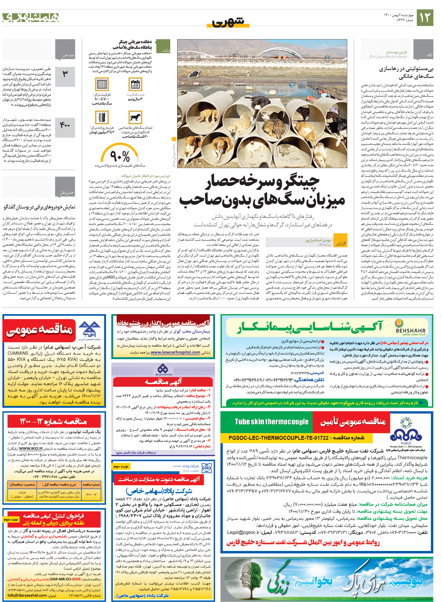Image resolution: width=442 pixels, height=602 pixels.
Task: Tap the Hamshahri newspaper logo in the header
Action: click(31, 18)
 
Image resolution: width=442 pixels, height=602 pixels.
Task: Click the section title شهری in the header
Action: click(228, 21)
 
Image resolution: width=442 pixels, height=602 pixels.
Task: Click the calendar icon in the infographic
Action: click(135, 84)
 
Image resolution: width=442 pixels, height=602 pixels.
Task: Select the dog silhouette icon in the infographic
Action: click(135, 117)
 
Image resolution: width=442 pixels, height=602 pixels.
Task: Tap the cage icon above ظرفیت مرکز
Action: click(102, 84)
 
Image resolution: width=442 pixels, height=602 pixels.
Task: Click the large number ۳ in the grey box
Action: click(65, 74)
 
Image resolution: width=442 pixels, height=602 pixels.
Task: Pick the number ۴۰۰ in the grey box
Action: click(65, 125)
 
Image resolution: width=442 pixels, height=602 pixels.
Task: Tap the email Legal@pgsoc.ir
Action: click(243, 532)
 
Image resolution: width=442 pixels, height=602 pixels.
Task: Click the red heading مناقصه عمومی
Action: click(39, 330)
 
